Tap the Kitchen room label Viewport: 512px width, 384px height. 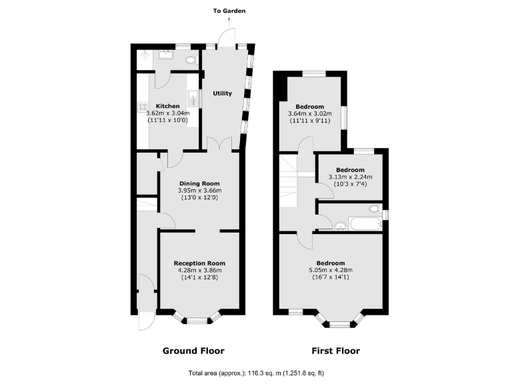(168, 106)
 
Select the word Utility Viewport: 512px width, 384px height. (223, 93)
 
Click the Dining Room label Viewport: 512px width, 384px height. (199, 183)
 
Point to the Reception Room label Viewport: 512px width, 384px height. (199, 263)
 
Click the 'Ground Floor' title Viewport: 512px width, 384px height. (194, 351)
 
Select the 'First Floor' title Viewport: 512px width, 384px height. (336, 351)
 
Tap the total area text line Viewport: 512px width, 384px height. (256, 373)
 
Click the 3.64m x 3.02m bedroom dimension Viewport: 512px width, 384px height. (310, 114)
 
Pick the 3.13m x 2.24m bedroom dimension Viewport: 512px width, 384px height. (349, 177)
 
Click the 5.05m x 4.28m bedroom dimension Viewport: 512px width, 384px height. (331, 269)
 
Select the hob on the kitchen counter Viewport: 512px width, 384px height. (143, 106)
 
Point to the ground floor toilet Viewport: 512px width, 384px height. (191, 60)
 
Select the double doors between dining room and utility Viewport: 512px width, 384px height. (219, 144)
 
